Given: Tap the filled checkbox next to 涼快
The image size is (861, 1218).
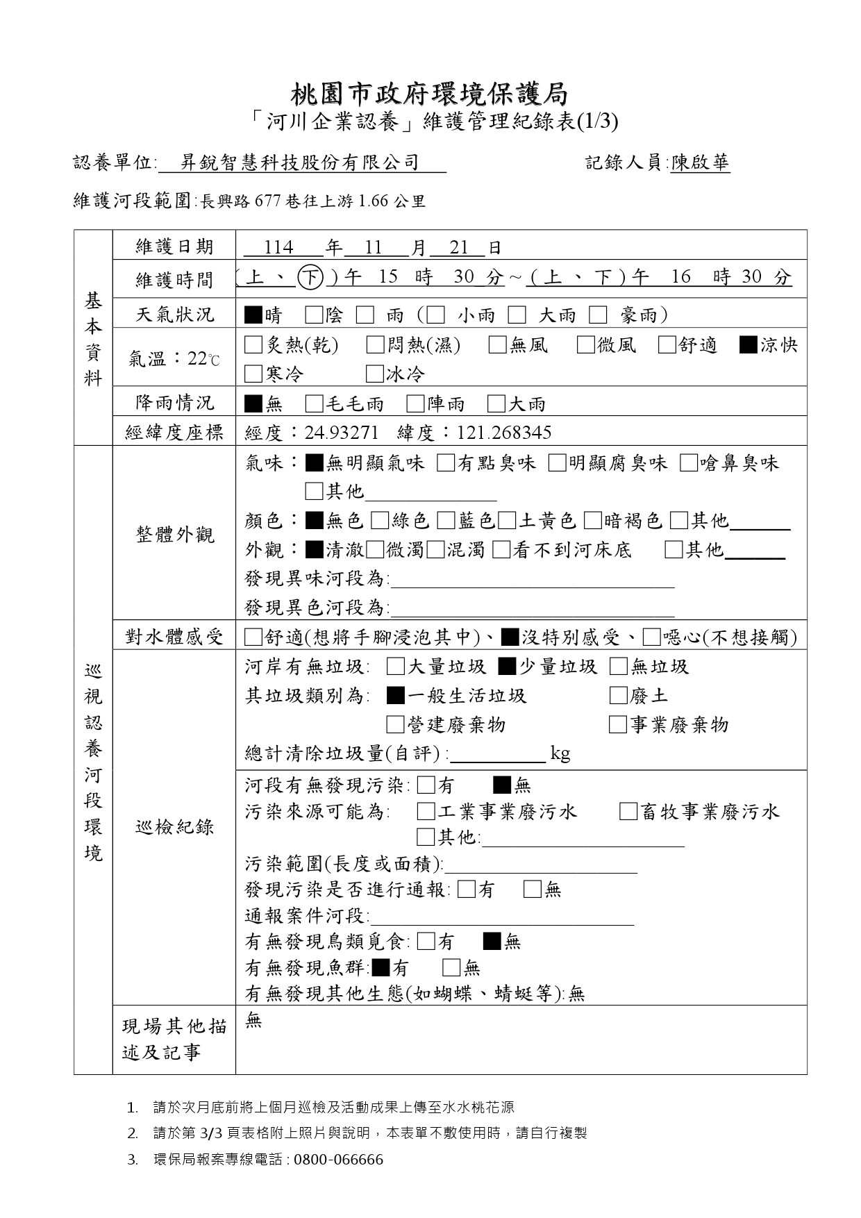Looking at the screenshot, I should [x=749, y=345].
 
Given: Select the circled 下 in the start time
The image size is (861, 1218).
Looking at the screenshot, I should [x=310, y=278].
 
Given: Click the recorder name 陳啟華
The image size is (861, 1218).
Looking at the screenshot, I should [x=700, y=163].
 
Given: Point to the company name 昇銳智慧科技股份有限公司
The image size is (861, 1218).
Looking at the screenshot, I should [x=300, y=163].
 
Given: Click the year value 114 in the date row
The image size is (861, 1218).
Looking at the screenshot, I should [x=279, y=248].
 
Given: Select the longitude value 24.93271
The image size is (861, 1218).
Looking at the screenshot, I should [x=342, y=433].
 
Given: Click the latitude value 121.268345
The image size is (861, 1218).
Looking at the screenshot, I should [x=504, y=433].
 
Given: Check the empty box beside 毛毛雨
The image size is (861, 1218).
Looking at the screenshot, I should [x=314, y=403].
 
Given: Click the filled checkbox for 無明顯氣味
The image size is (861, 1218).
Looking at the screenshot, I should [x=314, y=463].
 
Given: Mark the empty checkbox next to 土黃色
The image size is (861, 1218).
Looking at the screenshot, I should [x=507, y=521].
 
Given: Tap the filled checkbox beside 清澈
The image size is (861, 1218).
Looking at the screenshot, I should [x=314, y=550].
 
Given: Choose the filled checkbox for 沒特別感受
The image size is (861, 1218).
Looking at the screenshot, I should [x=510, y=637].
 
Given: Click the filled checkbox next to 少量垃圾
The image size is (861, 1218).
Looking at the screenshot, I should [x=507, y=667].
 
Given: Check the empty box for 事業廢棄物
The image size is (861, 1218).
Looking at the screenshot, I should [x=618, y=725].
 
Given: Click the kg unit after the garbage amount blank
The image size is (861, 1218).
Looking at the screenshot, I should [x=560, y=753].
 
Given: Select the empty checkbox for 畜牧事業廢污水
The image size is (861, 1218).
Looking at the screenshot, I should [x=628, y=812].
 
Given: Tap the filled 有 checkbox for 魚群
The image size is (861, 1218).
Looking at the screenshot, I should [x=381, y=967].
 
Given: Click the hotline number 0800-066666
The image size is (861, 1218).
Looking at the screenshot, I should [x=339, y=1160].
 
